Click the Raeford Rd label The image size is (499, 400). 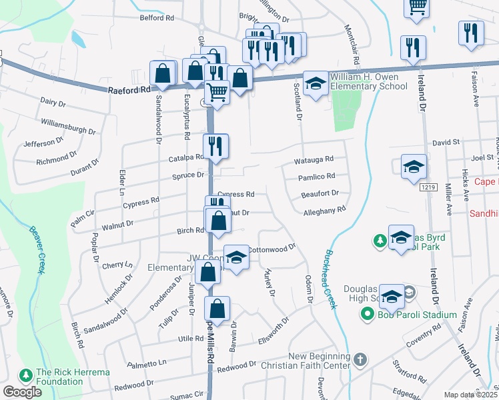(131, 89)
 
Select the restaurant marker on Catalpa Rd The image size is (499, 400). (215, 147)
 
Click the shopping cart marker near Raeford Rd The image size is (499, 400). (217, 92)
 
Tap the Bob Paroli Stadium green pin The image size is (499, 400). (367, 314)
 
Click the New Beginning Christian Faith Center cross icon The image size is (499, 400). (360, 361)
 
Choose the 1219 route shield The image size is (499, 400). (428, 188)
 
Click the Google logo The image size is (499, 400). (22, 391)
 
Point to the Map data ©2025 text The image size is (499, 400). (470, 395)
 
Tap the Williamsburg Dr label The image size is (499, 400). (68, 123)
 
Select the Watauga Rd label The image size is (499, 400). (314, 161)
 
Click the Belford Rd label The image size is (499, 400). (157, 18)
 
